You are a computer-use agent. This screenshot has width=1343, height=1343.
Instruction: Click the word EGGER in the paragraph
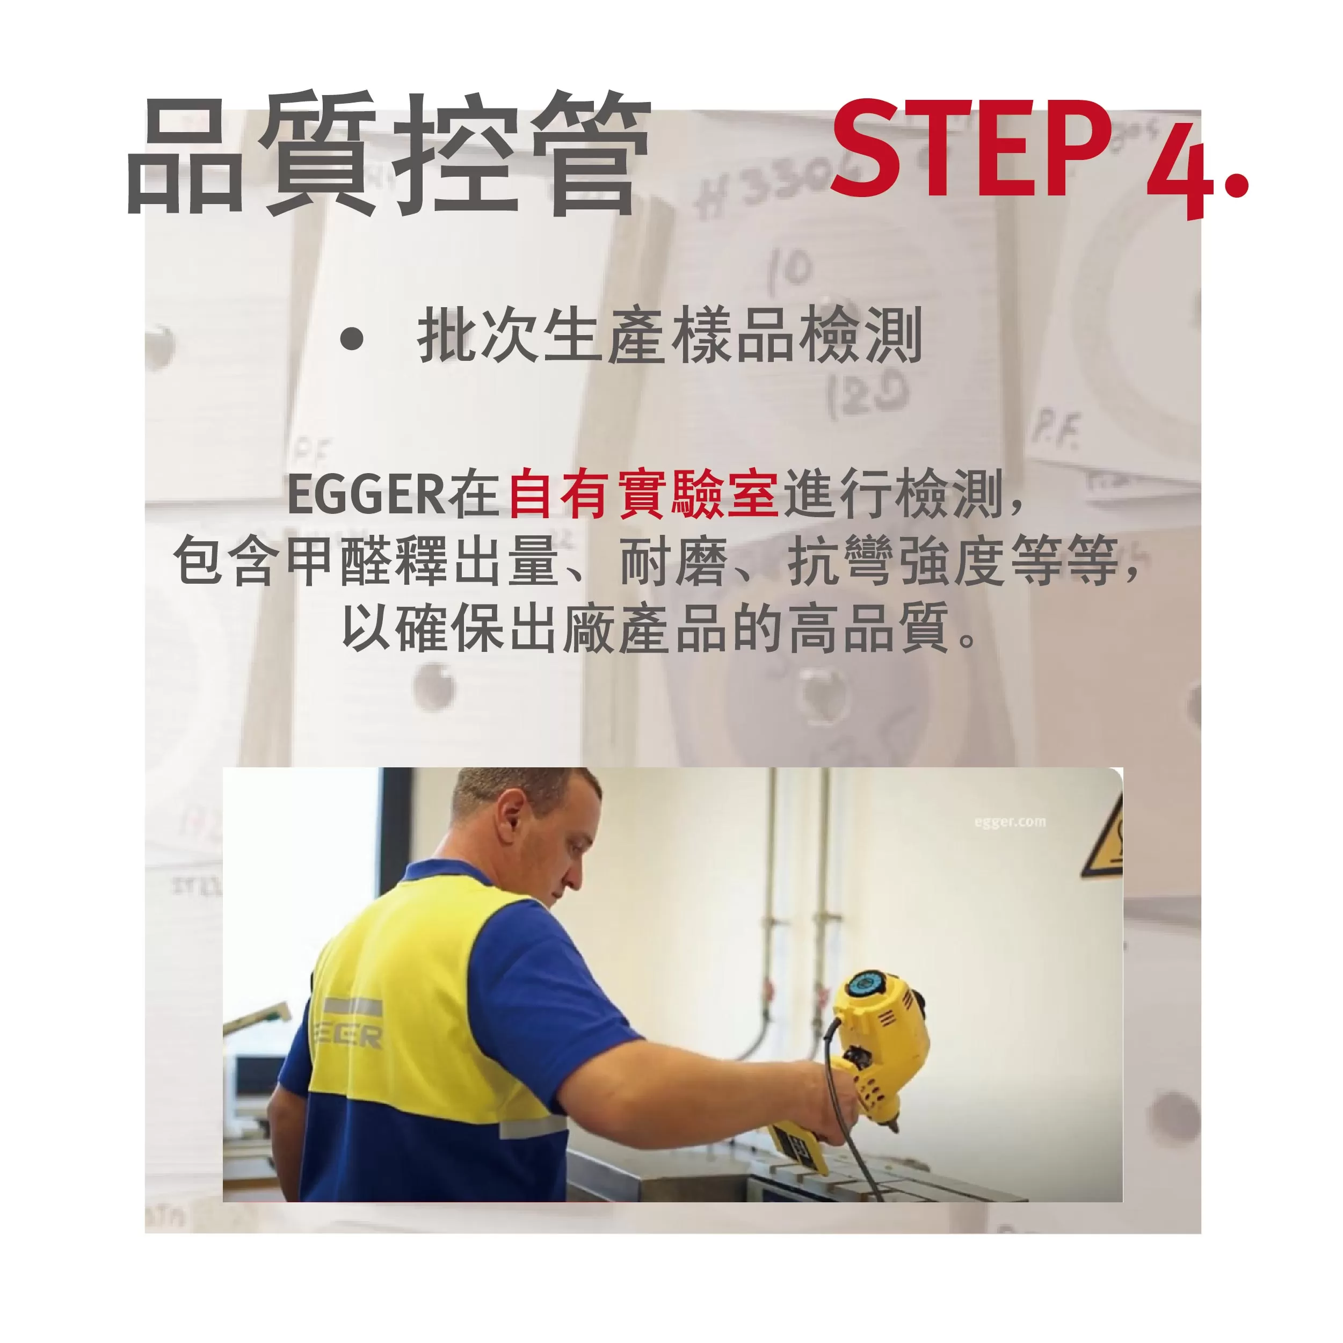(366, 493)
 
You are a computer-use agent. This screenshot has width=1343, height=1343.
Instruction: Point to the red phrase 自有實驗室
(643, 493)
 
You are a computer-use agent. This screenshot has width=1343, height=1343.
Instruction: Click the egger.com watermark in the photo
(1010, 822)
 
